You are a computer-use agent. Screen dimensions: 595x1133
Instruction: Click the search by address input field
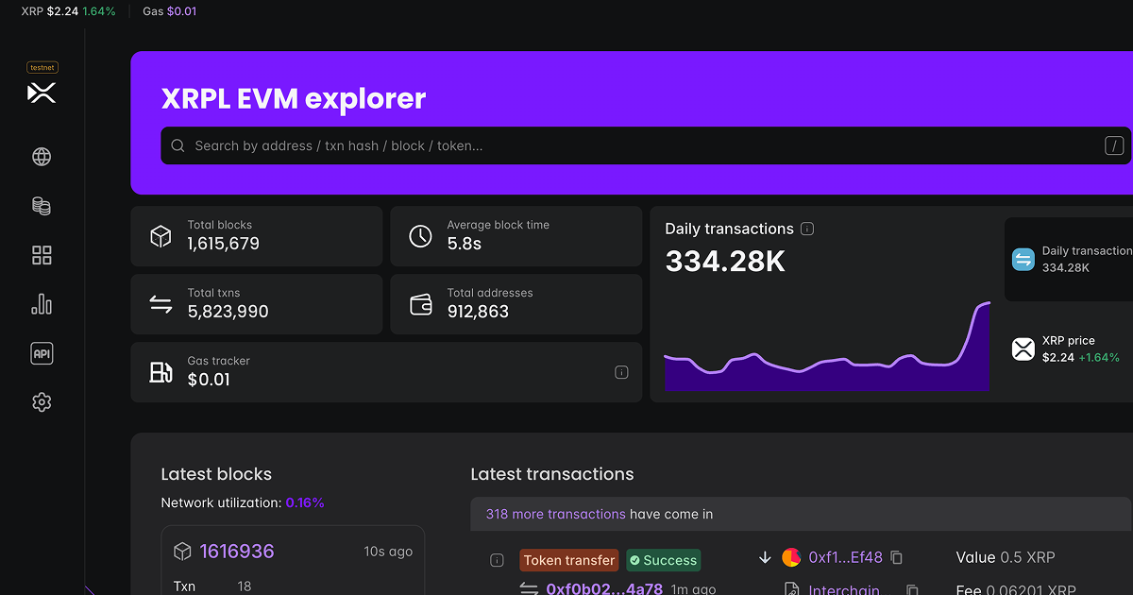pos(642,145)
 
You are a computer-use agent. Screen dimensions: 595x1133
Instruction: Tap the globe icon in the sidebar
pos(42,157)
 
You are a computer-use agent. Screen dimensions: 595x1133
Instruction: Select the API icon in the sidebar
pos(42,353)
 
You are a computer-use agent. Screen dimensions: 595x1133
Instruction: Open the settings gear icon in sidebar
pos(42,402)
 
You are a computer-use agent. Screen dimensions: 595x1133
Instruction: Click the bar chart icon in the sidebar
pos(42,304)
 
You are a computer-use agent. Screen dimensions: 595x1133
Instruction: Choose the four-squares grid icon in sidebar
pos(42,255)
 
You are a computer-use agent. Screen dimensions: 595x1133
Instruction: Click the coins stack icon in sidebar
pos(42,206)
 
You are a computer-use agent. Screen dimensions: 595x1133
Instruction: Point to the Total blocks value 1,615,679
pos(223,244)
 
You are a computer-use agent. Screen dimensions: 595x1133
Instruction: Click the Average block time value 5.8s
pos(464,244)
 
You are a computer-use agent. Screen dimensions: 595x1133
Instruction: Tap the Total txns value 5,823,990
pos(228,312)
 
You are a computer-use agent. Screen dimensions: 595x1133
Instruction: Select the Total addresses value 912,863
pos(478,312)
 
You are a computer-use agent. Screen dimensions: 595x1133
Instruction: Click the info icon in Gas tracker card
pos(621,372)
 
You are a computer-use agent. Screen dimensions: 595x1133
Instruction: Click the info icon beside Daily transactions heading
pos(807,229)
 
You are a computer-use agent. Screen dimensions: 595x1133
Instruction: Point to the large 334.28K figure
pos(725,262)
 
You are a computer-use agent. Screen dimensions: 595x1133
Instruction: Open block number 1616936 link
pos(236,551)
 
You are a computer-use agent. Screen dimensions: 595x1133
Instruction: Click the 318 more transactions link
pos(555,514)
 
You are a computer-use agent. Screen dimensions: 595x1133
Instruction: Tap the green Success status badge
pos(663,560)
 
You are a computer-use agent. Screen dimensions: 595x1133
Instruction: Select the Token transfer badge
pos(568,560)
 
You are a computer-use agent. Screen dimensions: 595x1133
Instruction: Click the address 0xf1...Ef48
pos(845,557)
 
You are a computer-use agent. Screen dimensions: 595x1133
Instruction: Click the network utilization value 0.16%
pos(305,502)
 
